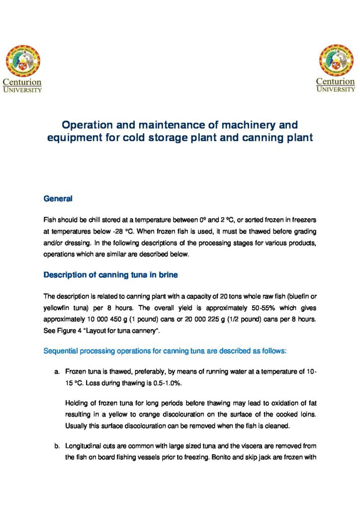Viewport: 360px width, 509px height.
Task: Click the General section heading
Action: pos(58,199)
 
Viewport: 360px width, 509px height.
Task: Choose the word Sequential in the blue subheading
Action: pos(62,351)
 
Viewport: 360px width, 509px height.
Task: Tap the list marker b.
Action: pos(57,446)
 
